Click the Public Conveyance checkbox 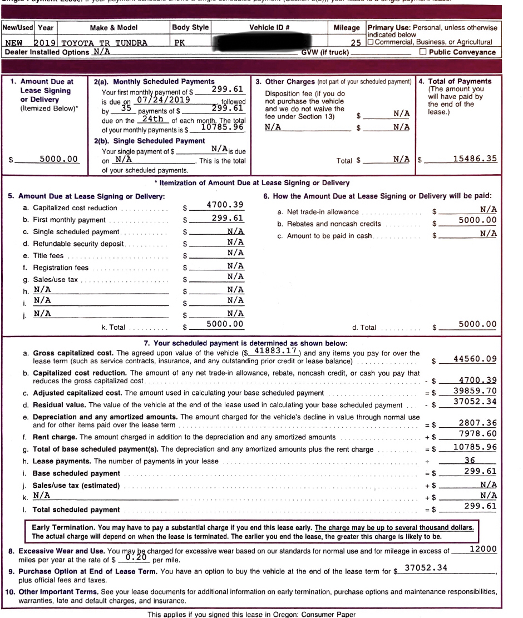(x=423, y=52)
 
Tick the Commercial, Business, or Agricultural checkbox (x=371, y=42)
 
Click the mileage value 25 (x=358, y=42)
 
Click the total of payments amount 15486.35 (x=475, y=159)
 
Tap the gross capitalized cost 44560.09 (x=475, y=359)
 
